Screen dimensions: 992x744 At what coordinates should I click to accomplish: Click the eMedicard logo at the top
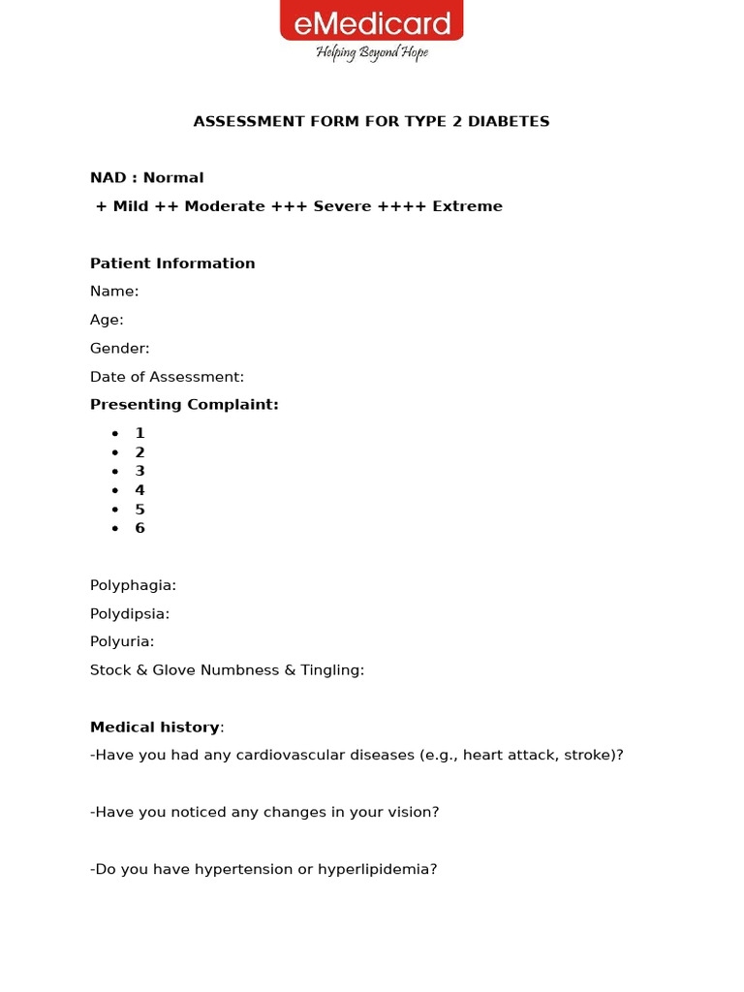pyautogui.click(x=372, y=21)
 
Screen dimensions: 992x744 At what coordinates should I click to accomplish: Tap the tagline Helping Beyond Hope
pyautogui.click(x=372, y=52)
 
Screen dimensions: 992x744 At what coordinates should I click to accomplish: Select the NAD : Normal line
pyautogui.click(x=147, y=178)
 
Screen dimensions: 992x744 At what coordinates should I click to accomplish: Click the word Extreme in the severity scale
pyautogui.click(x=467, y=206)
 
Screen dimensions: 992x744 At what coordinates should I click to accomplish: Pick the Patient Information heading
pyautogui.click(x=172, y=263)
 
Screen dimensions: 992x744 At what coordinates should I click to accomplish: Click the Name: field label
pyautogui.click(x=114, y=292)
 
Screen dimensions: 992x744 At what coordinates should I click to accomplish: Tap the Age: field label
pyautogui.click(x=107, y=320)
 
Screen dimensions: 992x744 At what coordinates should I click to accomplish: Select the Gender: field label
pyautogui.click(x=120, y=348)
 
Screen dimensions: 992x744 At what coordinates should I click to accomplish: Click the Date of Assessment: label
pyautogui.click(x=167, y=377)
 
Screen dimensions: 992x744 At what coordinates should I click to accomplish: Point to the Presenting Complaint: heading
pyautogui.click(x=184, y=405)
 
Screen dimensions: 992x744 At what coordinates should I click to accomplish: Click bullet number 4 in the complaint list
pyautogui.click(x=140, y=490)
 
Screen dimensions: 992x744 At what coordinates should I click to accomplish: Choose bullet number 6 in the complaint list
pyautogui.click(x=140, y=528)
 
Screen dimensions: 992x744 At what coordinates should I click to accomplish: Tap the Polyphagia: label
pyautogui.click(x=133, y=585)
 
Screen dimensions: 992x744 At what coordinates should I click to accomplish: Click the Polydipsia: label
pyautogui.click(x=130, y=613)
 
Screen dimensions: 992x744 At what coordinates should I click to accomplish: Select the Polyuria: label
pyautogui.click(x=122, y=641)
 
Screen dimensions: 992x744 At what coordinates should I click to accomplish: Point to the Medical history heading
pyautogui.click(x=155, y=728)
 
